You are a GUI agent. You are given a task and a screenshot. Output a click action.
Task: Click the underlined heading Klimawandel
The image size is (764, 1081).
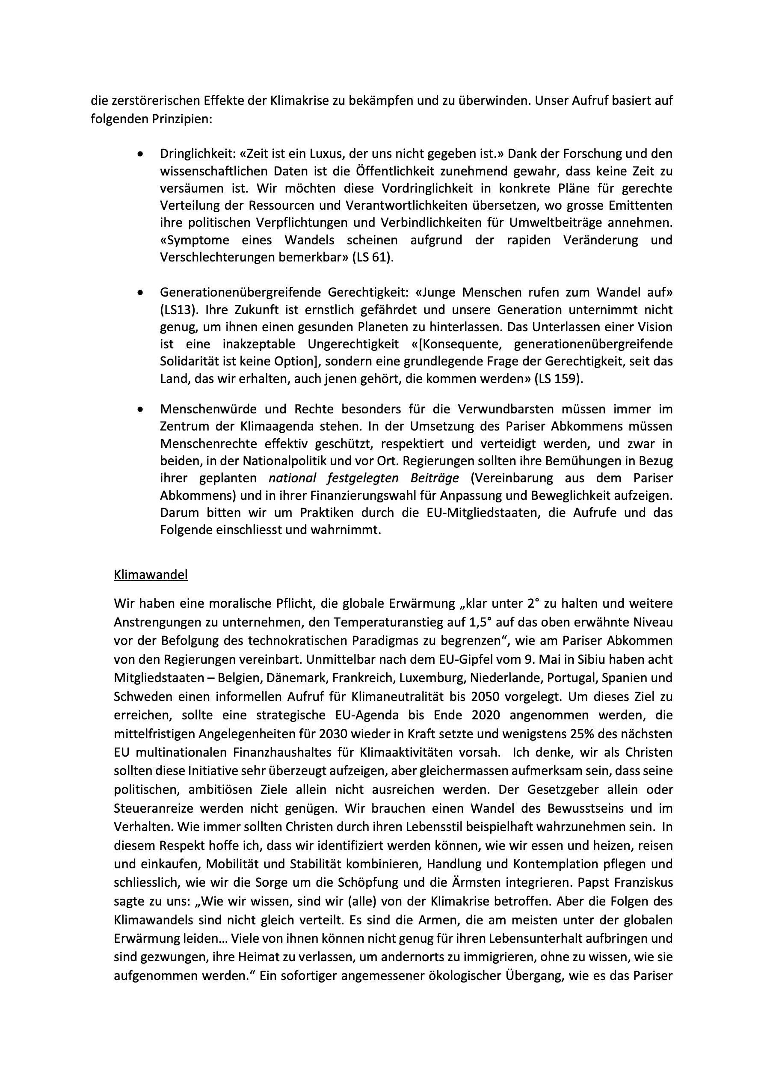tap(151, 575)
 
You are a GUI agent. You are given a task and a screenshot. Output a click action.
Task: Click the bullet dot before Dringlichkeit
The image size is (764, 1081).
tap(140, 154)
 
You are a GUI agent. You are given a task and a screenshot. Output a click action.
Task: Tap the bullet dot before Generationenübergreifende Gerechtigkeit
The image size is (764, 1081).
tap(140, 293)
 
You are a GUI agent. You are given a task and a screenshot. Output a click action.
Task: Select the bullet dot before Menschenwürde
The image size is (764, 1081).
tap(140, 410)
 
